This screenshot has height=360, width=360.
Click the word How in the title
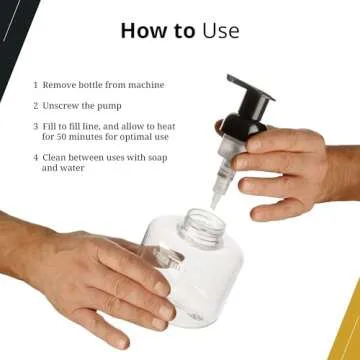click(x=142, y=30)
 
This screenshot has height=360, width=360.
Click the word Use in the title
click(x=220, y=30)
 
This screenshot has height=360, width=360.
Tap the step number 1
click(x=36, y=85)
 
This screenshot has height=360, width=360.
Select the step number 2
click(x=36, y=104)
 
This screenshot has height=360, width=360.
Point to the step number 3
click(x=36, y=126)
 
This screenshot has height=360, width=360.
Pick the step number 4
click(x=36, y=157)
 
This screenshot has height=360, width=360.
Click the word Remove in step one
click(x=60, y=85)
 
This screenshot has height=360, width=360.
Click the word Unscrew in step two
click(x=62, y=104)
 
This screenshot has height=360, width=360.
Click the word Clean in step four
click(x=56, y=157)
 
